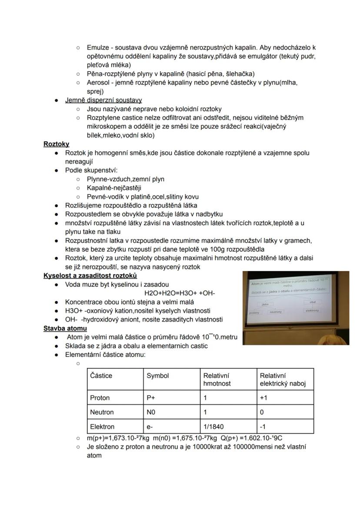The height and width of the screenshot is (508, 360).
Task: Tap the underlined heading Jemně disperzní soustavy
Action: [x=103, y=100]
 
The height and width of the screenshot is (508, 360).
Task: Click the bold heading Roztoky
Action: [x=56, y=144]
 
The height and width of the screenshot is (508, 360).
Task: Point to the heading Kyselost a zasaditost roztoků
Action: [x=90, y=276]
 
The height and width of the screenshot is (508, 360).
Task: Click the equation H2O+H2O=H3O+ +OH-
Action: [x=179, y=293]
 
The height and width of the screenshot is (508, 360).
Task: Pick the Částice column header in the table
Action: [x=101, y=375]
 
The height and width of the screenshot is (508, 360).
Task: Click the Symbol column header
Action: [x=157, y=375]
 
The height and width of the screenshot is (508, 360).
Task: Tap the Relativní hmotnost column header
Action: [x=217, y=379]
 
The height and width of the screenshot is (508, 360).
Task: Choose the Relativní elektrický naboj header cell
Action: [x=283, y=379]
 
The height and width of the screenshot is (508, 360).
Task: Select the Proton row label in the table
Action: [x=100, y=398]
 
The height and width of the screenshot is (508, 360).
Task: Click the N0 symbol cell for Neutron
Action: [x=151, y=412]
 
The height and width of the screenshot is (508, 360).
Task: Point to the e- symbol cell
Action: [x=150, y=427]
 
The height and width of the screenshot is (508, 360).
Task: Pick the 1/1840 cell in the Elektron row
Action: [x=213, y=427]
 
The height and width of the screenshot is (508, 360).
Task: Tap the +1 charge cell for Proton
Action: [x=263, y=398]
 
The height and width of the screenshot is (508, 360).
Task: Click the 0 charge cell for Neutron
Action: [x=262, y=412]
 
